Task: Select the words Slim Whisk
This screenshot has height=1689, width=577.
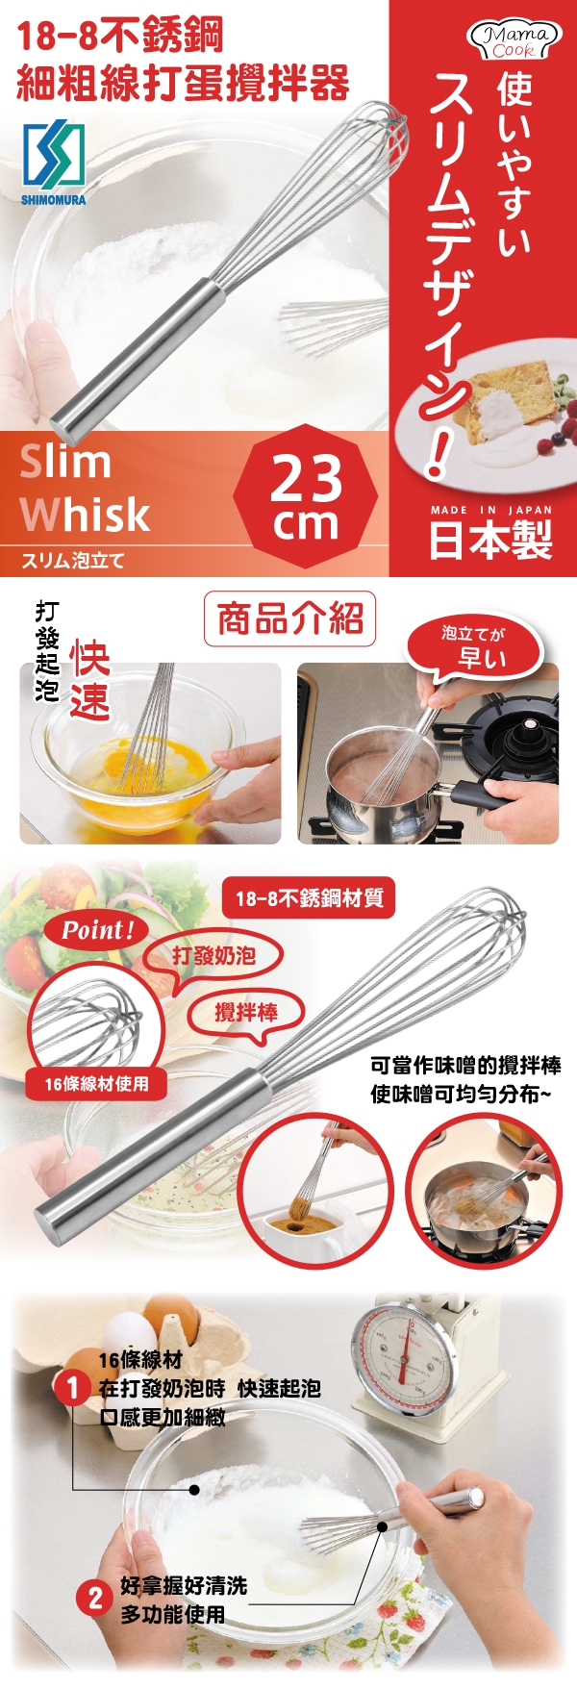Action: pos(85,489)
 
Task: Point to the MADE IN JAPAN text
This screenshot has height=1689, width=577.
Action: pos(491,510)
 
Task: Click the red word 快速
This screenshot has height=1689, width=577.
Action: pos(89,682)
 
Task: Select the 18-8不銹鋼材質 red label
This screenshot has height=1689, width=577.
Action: pos(309,897)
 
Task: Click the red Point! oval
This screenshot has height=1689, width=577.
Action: pos(96,930)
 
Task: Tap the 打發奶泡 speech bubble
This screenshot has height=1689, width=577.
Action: pos(213,956)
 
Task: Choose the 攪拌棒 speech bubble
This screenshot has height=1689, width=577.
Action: pos(246,1013)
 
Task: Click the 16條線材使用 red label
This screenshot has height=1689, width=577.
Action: pos(96,1084)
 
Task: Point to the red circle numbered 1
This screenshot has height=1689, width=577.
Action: pos(73,1388)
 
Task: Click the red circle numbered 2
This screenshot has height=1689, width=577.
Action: pos(94,1599)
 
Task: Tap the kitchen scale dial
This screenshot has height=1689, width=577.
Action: pos(402,1355)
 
